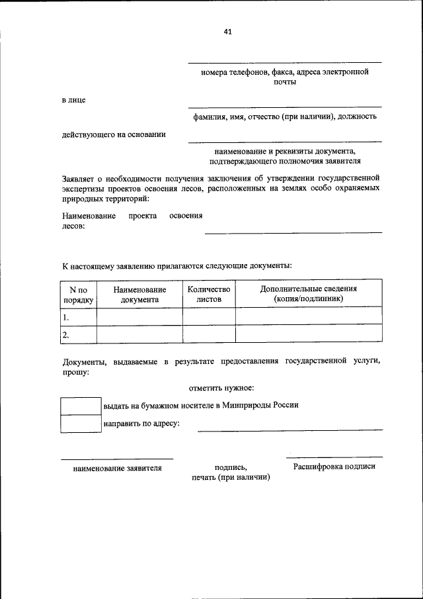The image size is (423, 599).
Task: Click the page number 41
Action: click(x=227, y=31)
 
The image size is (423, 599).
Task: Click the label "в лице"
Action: click(x=74, y=101)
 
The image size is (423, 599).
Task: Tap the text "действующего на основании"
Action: click(x=114, y=134)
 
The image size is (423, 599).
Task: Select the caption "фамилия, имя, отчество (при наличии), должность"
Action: click(x=285, y=116)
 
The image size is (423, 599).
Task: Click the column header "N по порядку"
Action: click(x=79, y=294)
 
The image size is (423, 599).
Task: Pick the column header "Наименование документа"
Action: click(x=139, y=294)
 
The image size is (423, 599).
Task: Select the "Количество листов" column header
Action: click(x=209, y=294)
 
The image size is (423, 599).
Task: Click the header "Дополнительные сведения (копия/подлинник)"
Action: click(x=309, y=294)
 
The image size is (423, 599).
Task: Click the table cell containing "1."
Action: click(x=79, y=316)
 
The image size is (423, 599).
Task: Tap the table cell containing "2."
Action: click(x=79, y=334)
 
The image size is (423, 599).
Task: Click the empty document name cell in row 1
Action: click(x=139, y=316)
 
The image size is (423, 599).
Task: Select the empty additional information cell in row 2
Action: click(x=309, y=334)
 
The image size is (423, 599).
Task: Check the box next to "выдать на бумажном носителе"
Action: click(x=81, y=406)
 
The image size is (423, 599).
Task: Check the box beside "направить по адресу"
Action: click(x=81, y=424)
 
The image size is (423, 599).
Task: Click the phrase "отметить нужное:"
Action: click(x=222, y=388)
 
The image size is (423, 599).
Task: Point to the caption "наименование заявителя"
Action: click(x=117, y=468)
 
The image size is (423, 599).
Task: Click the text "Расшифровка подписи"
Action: click(x=334, y=467)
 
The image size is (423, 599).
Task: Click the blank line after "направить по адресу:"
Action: click(x=289, y=429)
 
